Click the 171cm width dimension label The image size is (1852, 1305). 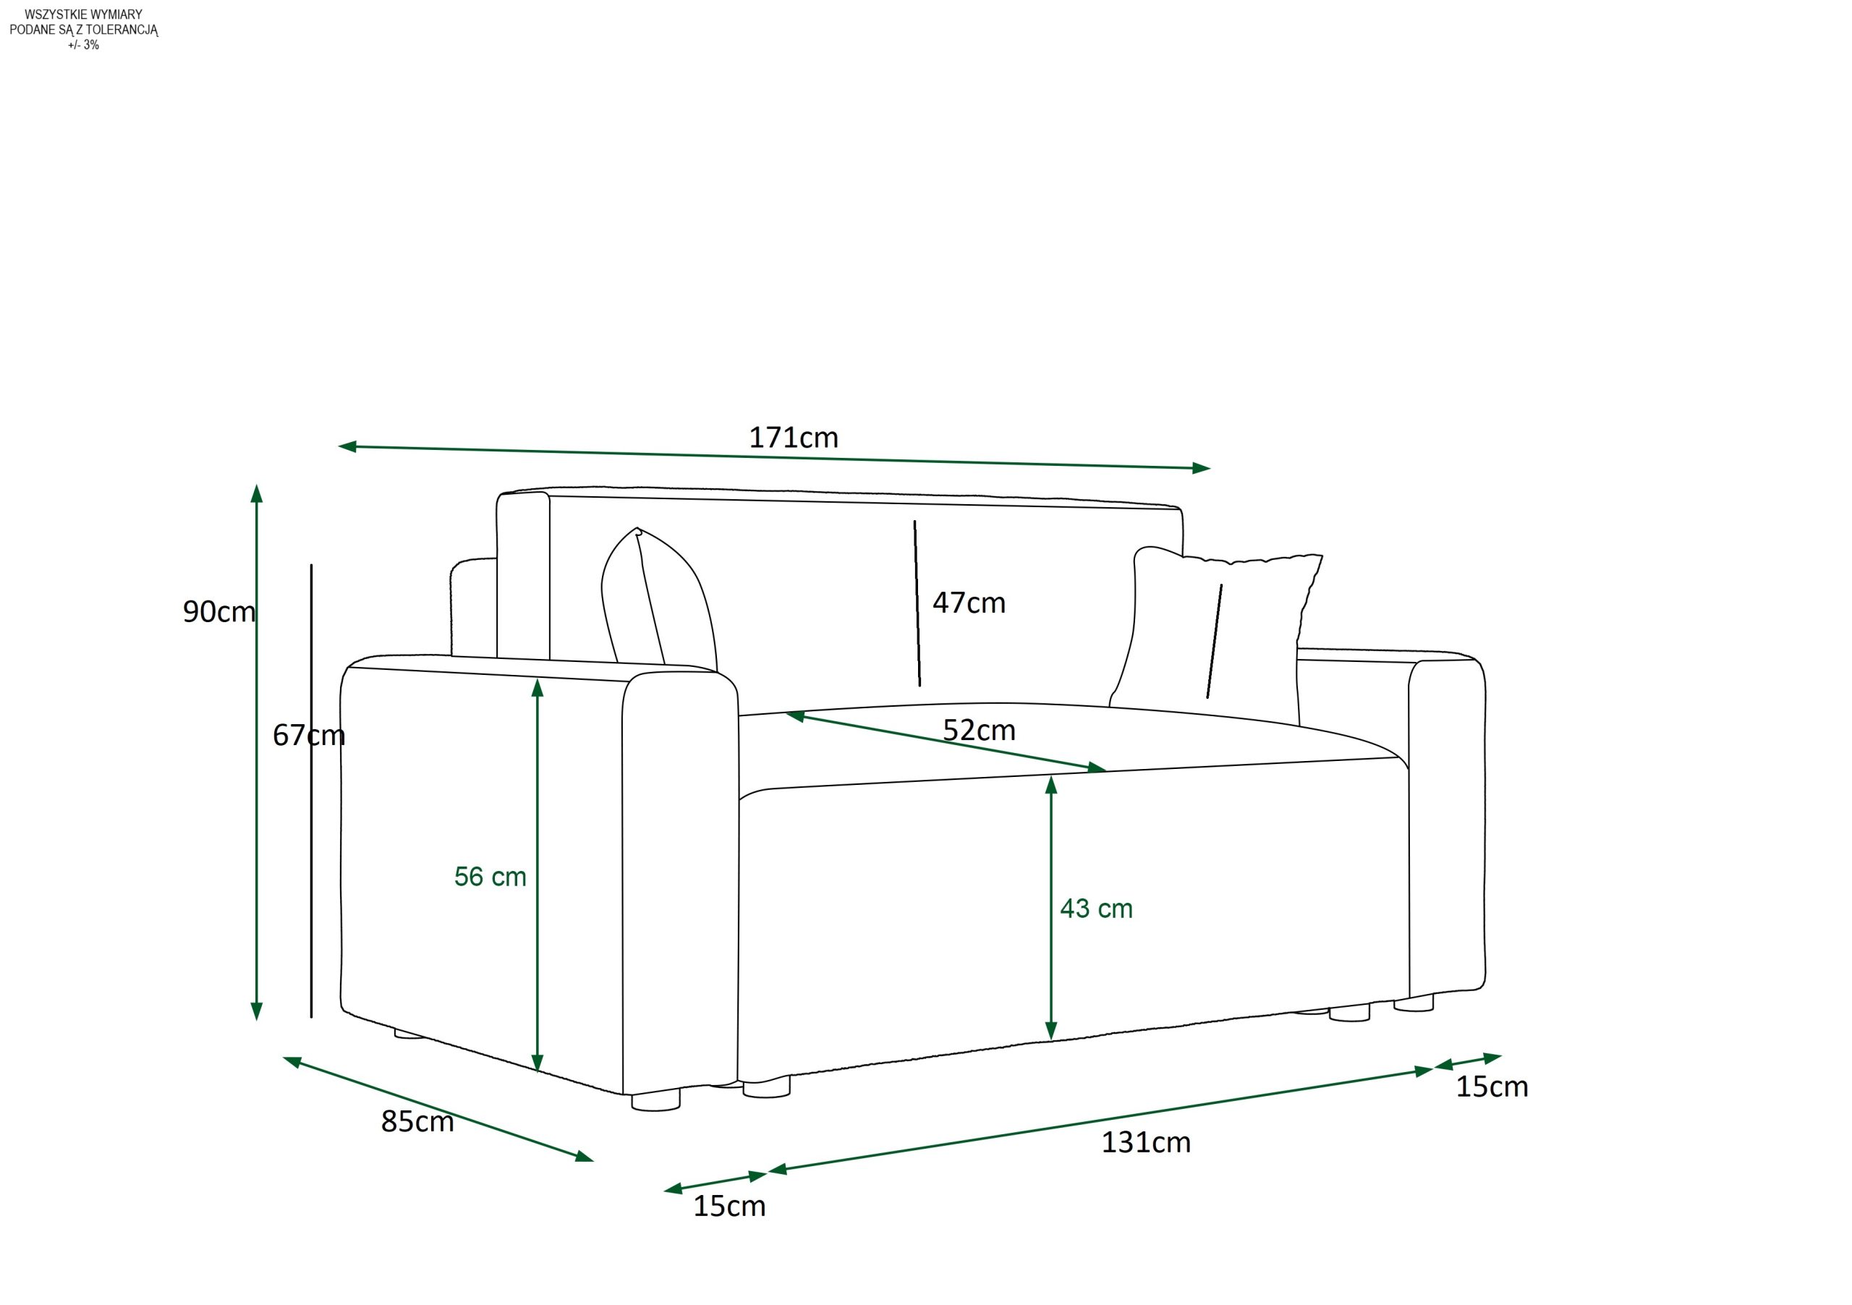pos(794,438)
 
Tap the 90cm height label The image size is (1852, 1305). pos(218,612)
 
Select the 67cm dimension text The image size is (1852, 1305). pos(308,735)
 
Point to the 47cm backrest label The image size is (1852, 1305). pos(969,603)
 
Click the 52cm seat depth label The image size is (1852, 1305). pos(980,731)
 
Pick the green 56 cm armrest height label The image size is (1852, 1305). pos(490,877)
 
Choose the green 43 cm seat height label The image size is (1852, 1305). pos(1096,909)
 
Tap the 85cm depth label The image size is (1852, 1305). pos(417,1122)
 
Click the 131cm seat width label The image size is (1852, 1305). pos(1145,1143)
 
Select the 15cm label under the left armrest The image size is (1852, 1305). pos(729,1207)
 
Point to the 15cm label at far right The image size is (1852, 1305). pos(1492,1087)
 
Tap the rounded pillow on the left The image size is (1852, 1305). pos(658,601)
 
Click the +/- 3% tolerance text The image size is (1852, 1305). pos(84,45)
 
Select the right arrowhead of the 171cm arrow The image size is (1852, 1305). pos(1202,469)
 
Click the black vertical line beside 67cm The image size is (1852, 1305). pos(311,791)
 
